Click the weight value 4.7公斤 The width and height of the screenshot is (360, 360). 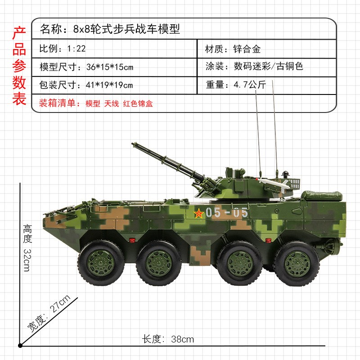pos(249,85)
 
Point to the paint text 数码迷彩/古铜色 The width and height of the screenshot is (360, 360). pos(268,67)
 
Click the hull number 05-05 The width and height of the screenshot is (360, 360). pos(227,213)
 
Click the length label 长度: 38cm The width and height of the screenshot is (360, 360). pos(168,339)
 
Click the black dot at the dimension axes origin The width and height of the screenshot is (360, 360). pos(20,346)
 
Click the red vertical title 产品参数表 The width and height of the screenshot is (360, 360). pos(18,66)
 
